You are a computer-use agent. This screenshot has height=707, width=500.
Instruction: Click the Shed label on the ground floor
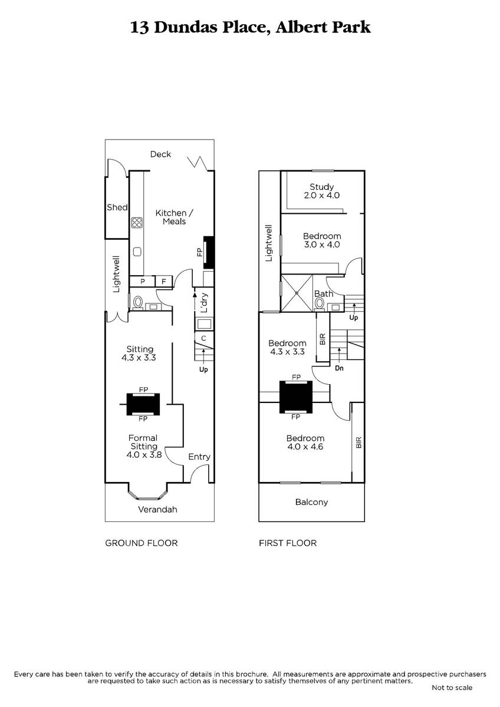pos(117,207)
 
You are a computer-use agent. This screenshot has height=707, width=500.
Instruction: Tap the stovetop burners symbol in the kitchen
pos(137,223)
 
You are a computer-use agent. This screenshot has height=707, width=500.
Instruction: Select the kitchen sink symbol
pos(137,252)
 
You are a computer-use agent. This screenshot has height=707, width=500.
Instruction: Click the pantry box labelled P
pos(143,281)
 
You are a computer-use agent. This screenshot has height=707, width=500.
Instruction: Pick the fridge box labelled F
pos(163,281)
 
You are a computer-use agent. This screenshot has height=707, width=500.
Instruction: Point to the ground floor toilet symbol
pos(137,303)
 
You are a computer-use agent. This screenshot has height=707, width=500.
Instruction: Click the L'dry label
pos(205,303)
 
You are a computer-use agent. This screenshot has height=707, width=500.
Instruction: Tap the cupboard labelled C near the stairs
pos(204,338)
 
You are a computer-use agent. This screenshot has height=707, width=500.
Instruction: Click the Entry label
pos(199,457)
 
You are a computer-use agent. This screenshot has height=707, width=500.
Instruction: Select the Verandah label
pos(157,510)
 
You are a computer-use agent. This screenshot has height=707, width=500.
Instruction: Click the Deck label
pos(160,154)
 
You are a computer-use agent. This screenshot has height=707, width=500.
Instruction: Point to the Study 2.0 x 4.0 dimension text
pos(321,195)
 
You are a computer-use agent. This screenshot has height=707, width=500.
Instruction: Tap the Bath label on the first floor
pos(324,293)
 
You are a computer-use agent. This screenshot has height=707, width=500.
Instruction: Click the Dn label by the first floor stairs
pos(339,368)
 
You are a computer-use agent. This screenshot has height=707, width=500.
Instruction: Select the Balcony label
pos(311,502)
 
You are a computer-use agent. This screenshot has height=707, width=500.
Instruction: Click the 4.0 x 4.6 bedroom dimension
pos(305,447)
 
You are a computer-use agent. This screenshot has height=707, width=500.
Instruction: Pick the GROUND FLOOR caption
pos(141,543)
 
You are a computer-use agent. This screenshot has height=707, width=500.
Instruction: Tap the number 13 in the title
pos(140,28)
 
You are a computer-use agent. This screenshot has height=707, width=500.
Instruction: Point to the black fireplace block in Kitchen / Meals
pos(209,253)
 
